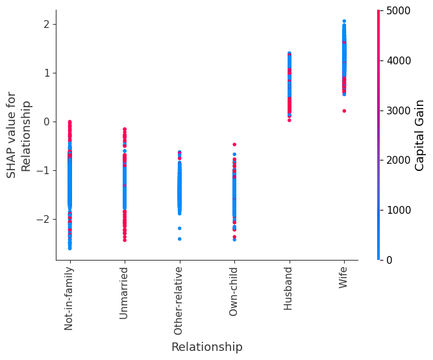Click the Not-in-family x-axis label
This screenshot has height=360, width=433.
click(x=69, y=298)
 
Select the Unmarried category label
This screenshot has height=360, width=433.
click(x=124, y=292)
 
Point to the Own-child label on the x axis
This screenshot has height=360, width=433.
click(x=234, y=291)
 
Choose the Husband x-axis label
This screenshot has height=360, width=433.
click(x=289, y=288)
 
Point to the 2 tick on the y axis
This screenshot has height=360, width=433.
click(x=47, y=24)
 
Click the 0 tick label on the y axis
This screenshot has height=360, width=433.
click(x=47, y=122)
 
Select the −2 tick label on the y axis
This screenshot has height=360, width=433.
click(x=43, y=219)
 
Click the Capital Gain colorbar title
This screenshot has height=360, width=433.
click(x=420, y=135)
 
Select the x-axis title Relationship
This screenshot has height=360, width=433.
click(x=206, y=347)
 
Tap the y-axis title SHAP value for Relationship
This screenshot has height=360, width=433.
click(x=18, y=135)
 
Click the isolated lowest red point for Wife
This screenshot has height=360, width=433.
click(x=344, y=110)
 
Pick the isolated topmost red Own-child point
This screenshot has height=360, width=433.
click(x=234, y=144)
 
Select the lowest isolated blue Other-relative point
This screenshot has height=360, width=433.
click(x=179, y=238)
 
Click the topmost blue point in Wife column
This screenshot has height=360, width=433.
click(x=344, y=21)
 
